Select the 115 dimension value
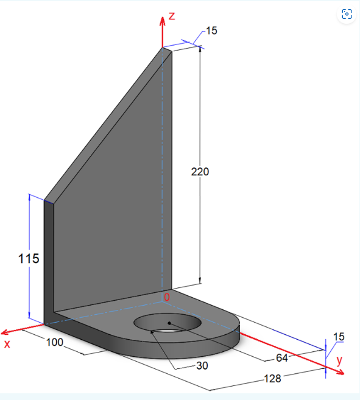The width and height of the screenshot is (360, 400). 28,258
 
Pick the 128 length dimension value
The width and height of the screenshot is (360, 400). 272,379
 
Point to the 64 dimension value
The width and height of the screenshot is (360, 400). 282,357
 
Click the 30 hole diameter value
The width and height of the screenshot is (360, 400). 201,366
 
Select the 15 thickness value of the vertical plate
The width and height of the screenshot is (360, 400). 211,30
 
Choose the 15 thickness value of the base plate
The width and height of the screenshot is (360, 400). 338,337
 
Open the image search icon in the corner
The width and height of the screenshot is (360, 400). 347,14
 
